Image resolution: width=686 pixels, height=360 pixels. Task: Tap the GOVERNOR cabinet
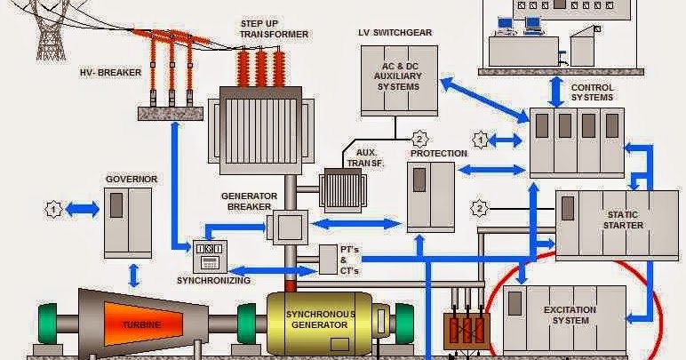coord(128,222)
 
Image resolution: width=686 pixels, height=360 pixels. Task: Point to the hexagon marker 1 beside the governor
coord(54,210)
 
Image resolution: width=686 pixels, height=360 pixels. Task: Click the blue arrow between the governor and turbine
coord(134,275)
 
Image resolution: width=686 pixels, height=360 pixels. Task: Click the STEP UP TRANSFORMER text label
coord(274,28)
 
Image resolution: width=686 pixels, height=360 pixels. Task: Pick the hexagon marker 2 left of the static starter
coord(481,209)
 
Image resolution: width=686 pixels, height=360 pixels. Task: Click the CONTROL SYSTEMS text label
coord(592,92)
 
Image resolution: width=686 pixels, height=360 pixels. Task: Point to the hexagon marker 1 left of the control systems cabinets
coord(480,140)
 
